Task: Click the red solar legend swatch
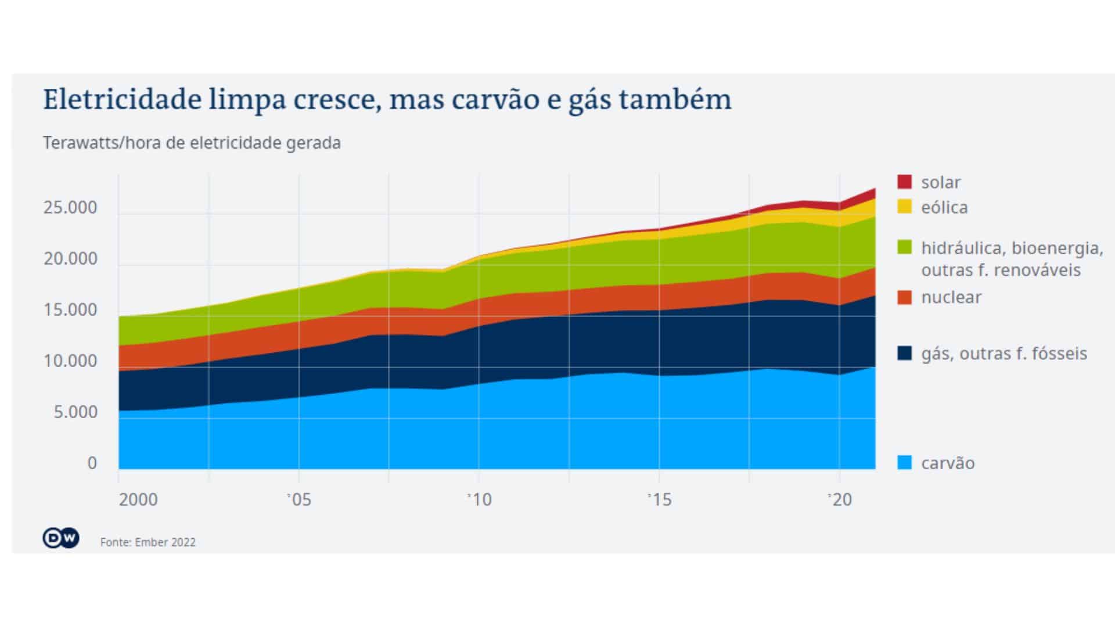[904, 182]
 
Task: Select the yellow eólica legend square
[904, 207]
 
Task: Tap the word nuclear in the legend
[951, 297]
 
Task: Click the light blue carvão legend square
[904, 463]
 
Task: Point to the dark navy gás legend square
[904, 353]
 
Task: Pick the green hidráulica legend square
[904, 247]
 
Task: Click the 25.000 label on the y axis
[70, 207]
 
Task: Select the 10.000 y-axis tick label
[70, 361]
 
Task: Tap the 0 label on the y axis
[92, 463]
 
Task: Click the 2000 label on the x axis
[138, 499]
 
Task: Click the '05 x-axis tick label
[299, 499]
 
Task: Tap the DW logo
[60, 538]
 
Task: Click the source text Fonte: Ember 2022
[148, 542]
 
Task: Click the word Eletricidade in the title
[122, 100]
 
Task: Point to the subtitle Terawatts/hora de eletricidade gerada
[192, 143]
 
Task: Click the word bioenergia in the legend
[1057, 248]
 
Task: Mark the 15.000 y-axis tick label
[70, 309]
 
